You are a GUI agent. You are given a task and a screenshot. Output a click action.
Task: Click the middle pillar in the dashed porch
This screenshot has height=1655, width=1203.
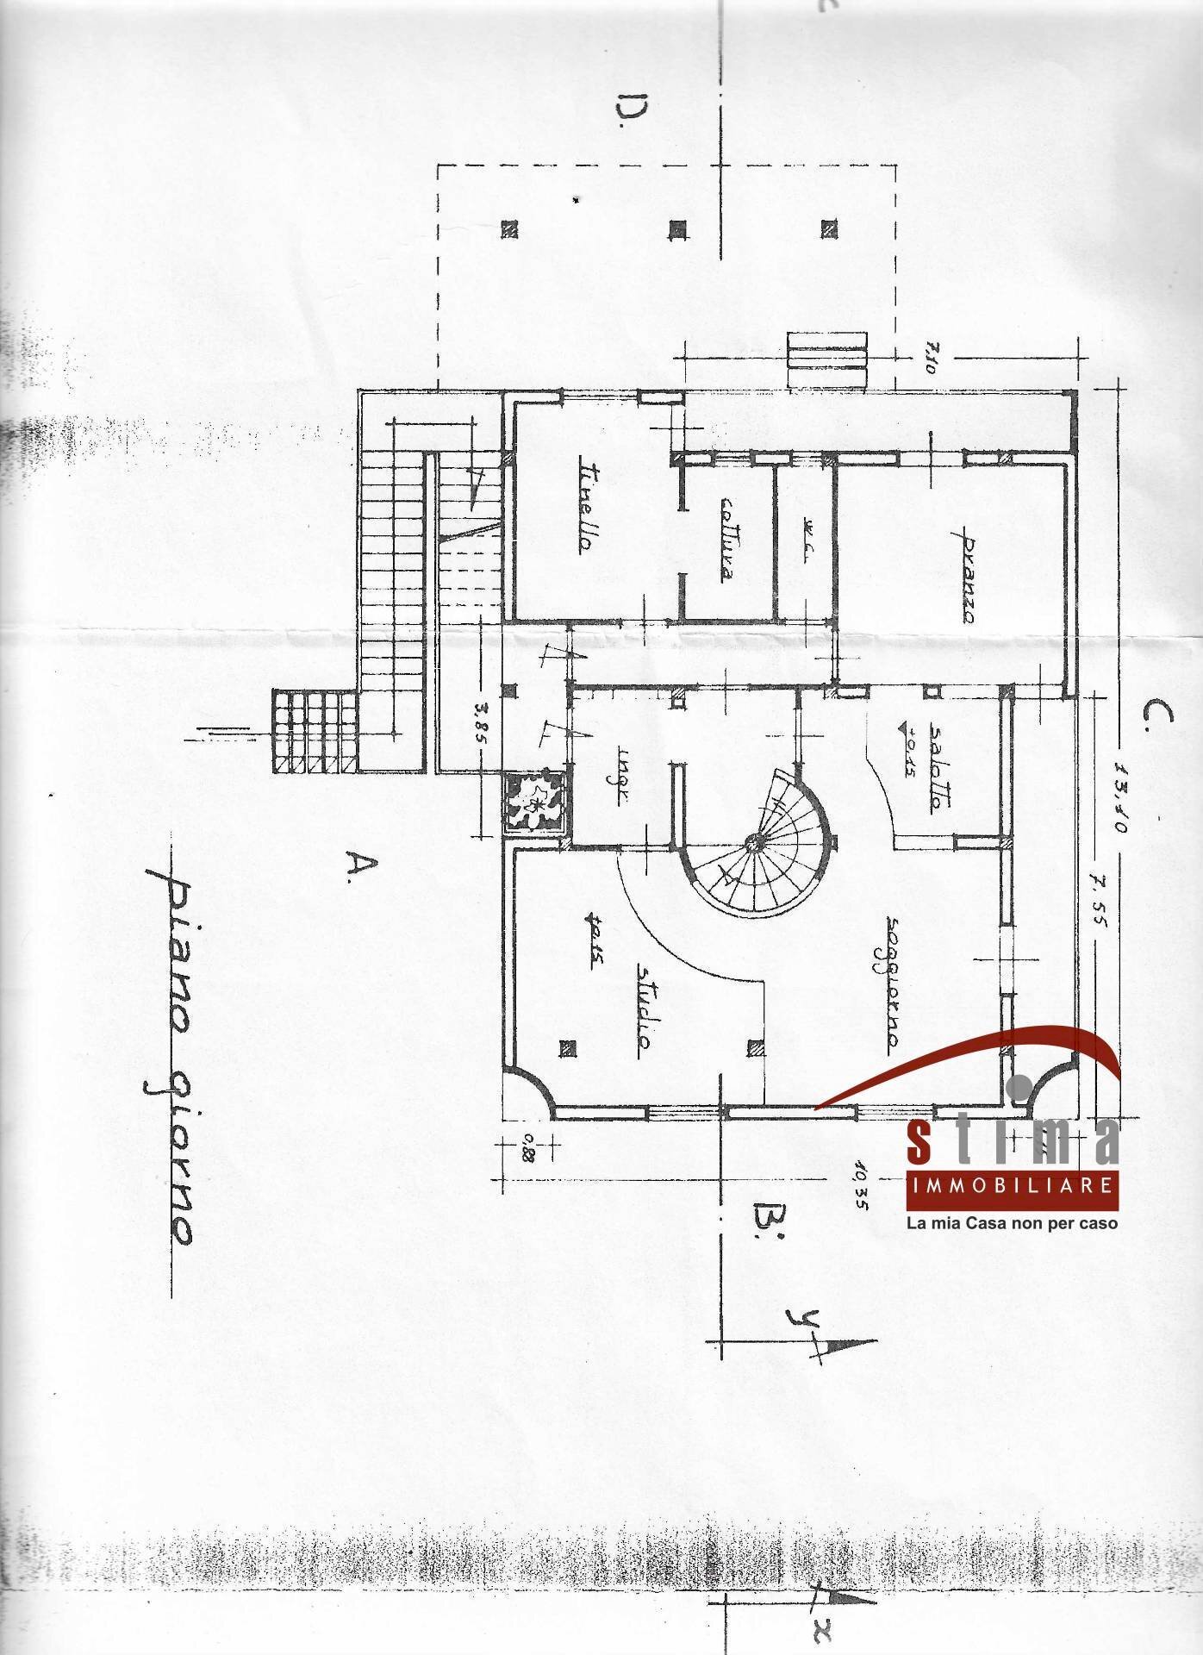pyautogui.click(x=679, y=228)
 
